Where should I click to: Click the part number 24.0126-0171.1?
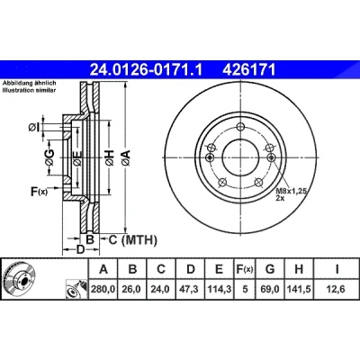tap(146, 70)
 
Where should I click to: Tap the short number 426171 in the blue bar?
tap(248, 70)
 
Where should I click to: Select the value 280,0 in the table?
tap(103, 289)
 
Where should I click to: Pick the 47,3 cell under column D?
tap(191, 289)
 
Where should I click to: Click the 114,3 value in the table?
tap(220, 289)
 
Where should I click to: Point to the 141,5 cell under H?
tap(299, 289)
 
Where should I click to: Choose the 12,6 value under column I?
tap(337, 289)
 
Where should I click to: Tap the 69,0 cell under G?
tap(270, 289)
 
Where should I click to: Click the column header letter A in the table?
tap(103, 269)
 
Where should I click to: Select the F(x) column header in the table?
tap(245, 269)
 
